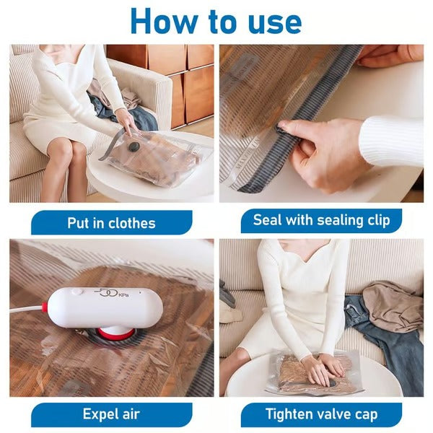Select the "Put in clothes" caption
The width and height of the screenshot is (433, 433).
pos(111,223)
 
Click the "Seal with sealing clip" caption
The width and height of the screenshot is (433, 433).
pos(321,220)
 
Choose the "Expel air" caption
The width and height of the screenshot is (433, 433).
pos(111,415)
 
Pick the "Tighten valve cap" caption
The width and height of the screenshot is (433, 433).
pos(321,415)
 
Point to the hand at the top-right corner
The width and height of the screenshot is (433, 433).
pos(390,55)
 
